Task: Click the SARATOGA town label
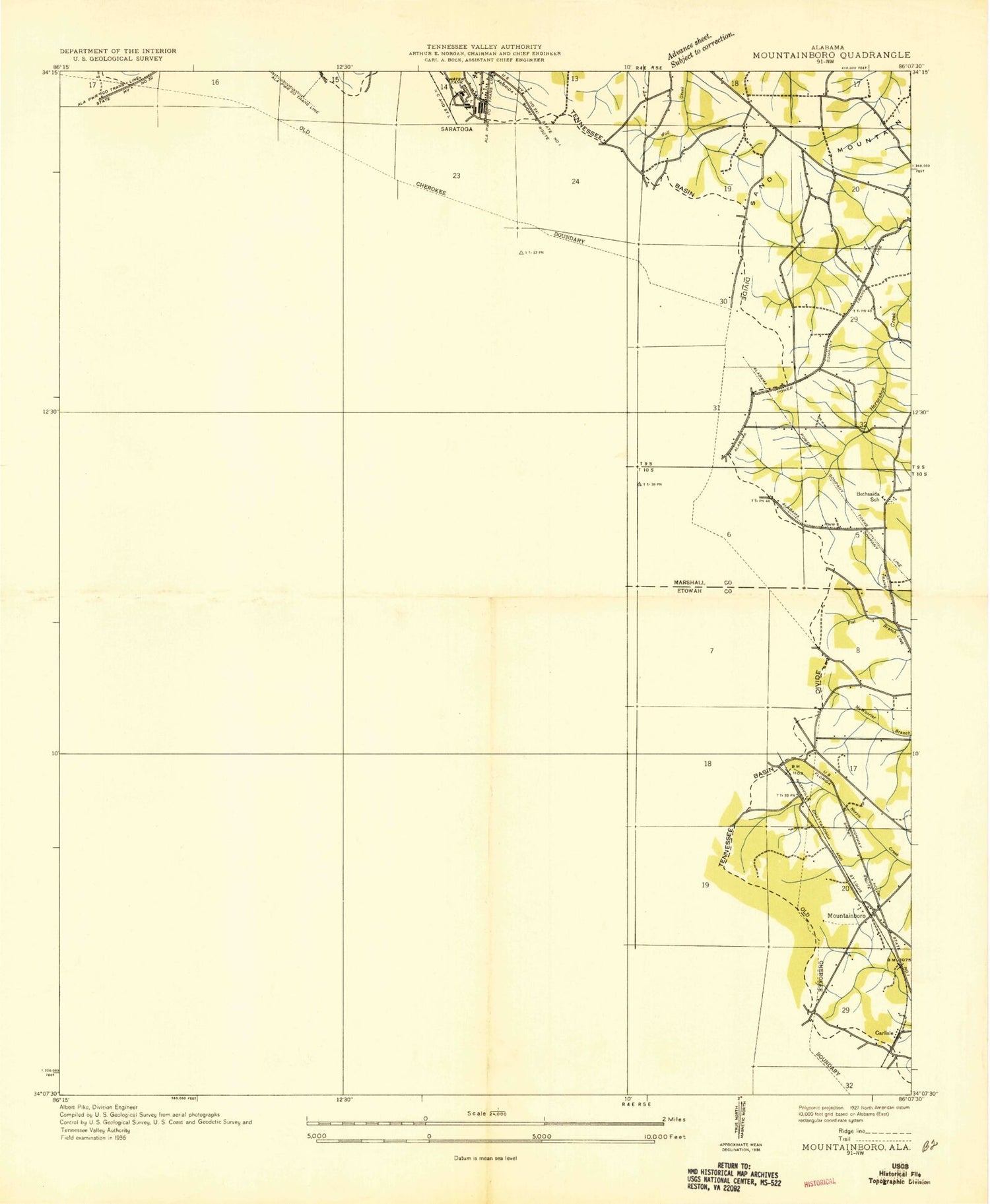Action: coord(457,129)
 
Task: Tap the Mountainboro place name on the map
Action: coord(846,916)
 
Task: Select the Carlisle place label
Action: coord(884,1032)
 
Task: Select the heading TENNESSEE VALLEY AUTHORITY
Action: coord(484,47)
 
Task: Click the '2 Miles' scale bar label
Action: coord(674,1119)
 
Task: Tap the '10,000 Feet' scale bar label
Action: coord(659,1136)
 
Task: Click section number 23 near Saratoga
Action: coord(456,175)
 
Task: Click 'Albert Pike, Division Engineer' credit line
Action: coord(99,1107)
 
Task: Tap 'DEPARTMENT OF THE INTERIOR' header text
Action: coord(118,51)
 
